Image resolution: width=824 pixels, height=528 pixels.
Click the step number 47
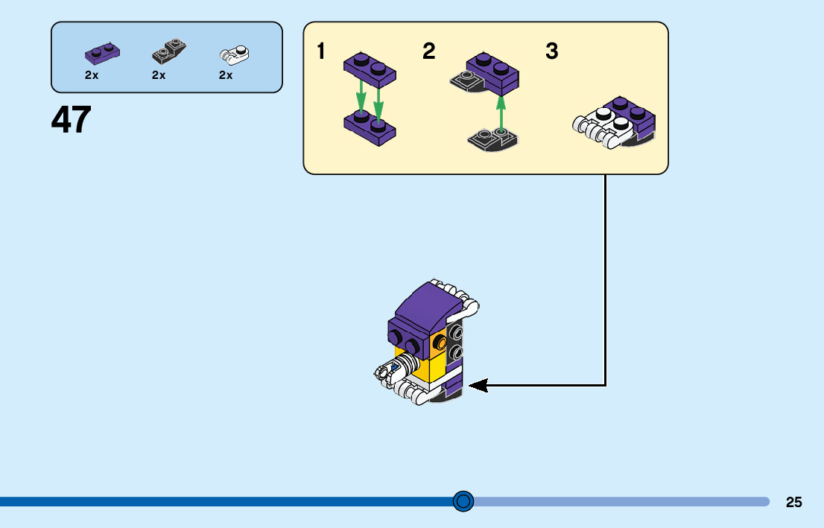[72, 120]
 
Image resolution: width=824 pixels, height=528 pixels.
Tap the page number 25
[793, 502]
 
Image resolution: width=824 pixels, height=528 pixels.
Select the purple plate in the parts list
[102, 54]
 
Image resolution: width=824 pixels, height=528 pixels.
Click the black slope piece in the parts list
[169, 51]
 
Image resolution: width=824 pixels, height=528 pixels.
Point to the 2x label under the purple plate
[92, 75]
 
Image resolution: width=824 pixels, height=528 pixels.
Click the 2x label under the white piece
[226, 75]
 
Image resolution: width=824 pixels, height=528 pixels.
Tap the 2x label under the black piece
[159, 75]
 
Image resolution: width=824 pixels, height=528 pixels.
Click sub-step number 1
[321, 52]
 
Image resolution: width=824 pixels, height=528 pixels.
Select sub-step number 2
[428, 52]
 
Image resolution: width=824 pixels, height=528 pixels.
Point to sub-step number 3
[551, 52]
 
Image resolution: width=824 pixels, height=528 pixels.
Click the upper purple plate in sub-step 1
[370, 69]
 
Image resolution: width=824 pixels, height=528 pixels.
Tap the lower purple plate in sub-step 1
[370, 128]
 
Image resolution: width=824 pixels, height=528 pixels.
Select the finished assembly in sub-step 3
[615, 121]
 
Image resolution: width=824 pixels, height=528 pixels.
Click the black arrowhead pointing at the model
[478, 385]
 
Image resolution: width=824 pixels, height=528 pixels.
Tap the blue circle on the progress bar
[463, 501]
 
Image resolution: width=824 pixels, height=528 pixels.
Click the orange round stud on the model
[440, 343]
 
